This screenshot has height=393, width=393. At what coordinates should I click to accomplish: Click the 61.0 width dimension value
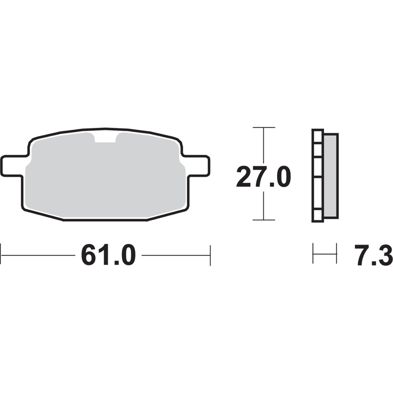(x=108, y=255)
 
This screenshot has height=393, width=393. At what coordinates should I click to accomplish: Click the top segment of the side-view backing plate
(x=317, y=135)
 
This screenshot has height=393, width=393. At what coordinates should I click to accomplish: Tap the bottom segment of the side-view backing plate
(x=317, y=216)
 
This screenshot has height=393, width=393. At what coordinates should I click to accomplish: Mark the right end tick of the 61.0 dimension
(x=210, y=255)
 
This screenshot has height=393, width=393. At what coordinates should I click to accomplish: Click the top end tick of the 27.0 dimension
(x=264, y=127)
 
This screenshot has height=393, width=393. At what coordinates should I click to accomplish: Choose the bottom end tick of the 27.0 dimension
(x=264, y=220)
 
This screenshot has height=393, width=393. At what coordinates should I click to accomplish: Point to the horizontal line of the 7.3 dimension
(x=325, y=254)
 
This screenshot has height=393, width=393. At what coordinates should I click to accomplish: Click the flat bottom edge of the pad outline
(x=105, y=221)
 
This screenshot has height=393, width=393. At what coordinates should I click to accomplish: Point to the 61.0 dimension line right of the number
(x=175, y=255)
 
